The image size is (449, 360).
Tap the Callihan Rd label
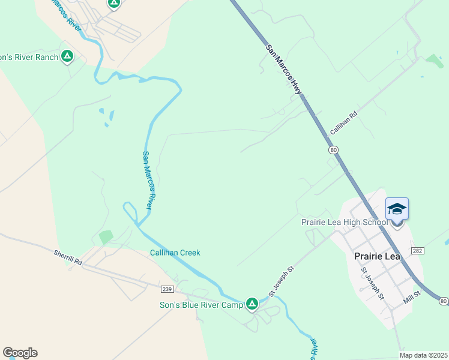pos(343,123)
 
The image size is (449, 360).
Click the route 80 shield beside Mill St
pos(443,300)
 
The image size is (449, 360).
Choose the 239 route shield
pos(167,289)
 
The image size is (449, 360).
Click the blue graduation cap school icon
pos(397,209)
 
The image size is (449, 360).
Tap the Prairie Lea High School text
pos(345,223)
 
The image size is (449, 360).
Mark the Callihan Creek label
pos(175,253)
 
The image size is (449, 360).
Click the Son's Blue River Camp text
pos(200,305)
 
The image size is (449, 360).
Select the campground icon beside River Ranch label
pos(67,57)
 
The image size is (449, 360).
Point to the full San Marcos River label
pos(149,179)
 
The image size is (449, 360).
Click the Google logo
pos(20,353)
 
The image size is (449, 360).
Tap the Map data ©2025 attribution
pos(423,355)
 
